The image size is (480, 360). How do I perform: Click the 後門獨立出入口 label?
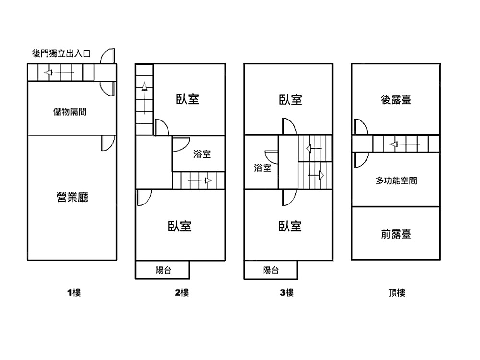61,53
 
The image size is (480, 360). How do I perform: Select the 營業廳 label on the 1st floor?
72,197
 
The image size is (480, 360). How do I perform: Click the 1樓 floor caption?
73,292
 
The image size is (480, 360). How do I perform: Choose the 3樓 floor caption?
287,292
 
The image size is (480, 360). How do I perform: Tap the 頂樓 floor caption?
397,292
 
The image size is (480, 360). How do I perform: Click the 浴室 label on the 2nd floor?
202,155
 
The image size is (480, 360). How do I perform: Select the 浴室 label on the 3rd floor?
263,168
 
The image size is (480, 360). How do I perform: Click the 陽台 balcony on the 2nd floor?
164,270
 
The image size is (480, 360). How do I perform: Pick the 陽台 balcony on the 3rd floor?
271,270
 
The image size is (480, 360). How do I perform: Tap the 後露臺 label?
396,100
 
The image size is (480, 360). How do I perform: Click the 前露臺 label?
396,234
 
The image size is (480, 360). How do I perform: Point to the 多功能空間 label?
396,181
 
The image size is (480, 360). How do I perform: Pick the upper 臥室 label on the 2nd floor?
188,99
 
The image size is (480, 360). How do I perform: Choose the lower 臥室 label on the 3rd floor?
290,226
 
